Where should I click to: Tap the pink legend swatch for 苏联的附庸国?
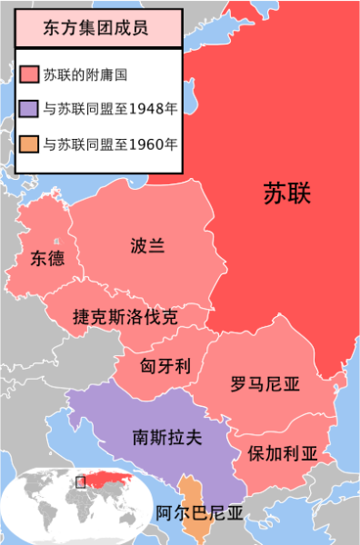[x=27, y=74]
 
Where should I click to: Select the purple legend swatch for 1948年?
[x=27, y=109]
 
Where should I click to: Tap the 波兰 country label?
[x=147, y=245]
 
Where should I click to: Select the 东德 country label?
[x=46, y=257]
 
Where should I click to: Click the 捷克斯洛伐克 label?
[x=125, y=317]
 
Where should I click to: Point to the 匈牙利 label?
[x=165, y=366]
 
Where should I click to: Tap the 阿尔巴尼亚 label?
[x=199, y=513]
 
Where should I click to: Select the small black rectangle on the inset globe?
[x=81, y=482]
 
